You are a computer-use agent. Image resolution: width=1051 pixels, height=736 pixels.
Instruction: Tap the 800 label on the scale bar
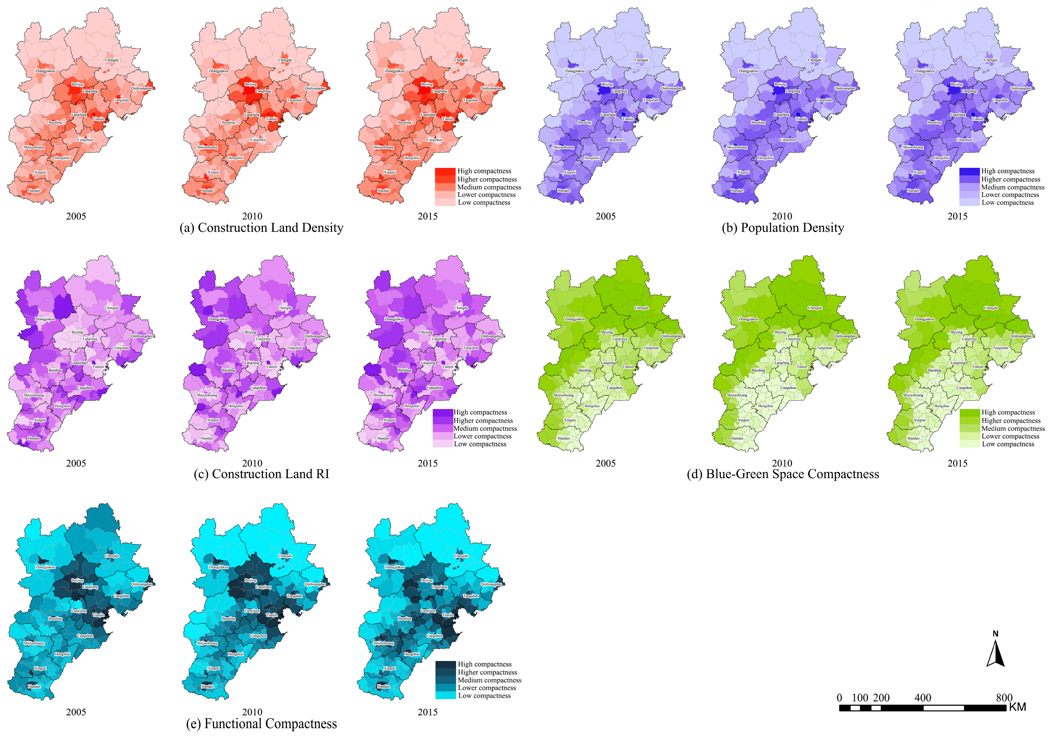(x=1004, y=697)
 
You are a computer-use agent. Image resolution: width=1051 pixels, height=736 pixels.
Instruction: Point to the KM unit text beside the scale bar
(x=1018, y=707)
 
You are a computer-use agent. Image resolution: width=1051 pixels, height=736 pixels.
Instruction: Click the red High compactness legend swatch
(x=445, y=171)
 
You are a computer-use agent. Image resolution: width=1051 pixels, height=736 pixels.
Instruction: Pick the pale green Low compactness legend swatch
(x=970, y=444)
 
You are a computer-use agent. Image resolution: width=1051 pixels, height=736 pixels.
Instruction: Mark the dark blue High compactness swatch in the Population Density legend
(x=970, y=171)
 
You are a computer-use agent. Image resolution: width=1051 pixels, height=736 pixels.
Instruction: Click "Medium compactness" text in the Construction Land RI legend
(x=485, y=429)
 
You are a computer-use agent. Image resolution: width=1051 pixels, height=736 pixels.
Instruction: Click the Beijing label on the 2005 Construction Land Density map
(x=77, y=84)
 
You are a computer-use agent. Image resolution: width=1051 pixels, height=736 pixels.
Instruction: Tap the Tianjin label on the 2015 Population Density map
(x=977, y=119)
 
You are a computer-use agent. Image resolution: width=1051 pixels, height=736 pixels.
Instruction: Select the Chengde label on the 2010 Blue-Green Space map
(x=815, y=308)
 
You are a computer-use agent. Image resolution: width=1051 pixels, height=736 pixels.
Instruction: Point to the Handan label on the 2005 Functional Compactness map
(x=34, y=686)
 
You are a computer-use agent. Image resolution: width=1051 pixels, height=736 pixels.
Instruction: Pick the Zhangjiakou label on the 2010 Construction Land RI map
(x=218, y=319)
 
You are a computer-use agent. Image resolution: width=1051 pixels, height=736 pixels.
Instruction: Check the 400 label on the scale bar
(x=922, y=697)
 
